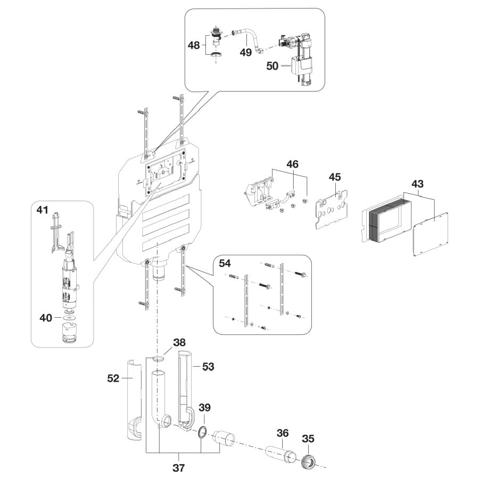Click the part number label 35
coord(308,439)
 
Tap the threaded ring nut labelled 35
coord(309,460)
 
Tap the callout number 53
coord(207,366)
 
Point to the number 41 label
coord(43,211)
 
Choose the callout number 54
coord(225,264)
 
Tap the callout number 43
coord(417,184)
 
